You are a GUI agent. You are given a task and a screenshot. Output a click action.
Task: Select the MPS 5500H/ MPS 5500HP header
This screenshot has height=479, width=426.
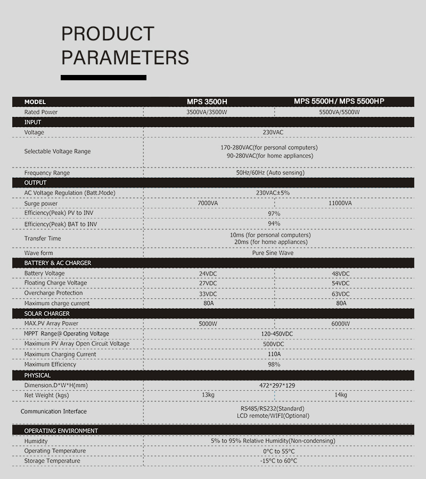[x=339, y=101]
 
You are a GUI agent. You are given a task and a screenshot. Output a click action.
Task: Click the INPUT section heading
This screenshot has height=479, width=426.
[x=32, y=122]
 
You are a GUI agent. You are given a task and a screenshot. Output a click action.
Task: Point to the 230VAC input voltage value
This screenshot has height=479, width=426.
[x=274, y=132]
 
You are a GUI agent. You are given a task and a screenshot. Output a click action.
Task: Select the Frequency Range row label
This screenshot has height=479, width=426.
[x=47, y=173]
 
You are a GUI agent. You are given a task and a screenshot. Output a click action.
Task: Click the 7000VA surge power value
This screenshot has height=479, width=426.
[x=208, y=203]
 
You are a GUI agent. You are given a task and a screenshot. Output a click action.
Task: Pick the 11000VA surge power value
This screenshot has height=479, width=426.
[x=340, y=203]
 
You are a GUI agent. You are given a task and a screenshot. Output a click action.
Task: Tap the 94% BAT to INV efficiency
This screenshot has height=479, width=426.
[x=274, y=224]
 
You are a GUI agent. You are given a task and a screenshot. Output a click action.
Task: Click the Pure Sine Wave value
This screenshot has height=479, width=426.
[x=273, y=253]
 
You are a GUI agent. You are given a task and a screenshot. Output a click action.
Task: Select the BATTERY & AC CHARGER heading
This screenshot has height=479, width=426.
[x=58, y=263]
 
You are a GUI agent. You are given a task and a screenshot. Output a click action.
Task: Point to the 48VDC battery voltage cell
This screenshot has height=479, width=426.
[x=340, y=274]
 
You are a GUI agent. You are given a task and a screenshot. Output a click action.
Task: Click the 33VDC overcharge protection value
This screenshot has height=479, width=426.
[x=208, y=294]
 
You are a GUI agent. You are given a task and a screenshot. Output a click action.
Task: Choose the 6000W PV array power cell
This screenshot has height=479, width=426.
[x=341, y=324]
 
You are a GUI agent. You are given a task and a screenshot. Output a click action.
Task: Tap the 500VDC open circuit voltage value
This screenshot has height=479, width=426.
[x=274, y=344]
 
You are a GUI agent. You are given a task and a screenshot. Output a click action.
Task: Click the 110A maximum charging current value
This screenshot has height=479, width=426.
[x=274, y=354]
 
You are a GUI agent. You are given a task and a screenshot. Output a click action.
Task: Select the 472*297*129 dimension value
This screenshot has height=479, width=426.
[x=274, y=385]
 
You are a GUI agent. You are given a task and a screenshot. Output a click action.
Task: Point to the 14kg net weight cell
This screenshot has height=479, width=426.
[x=341, y=395]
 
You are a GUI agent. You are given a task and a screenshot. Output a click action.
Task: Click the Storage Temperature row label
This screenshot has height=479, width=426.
[x=52, y=461]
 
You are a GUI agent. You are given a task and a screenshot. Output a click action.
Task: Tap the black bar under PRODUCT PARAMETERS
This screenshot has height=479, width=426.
[x=103, y=78]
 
